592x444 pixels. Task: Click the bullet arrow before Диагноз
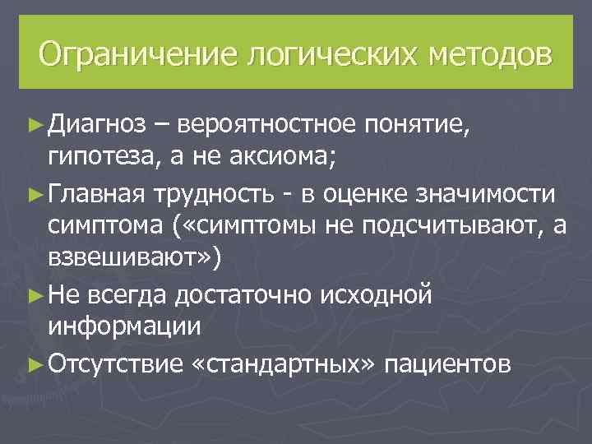pos(35,126)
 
